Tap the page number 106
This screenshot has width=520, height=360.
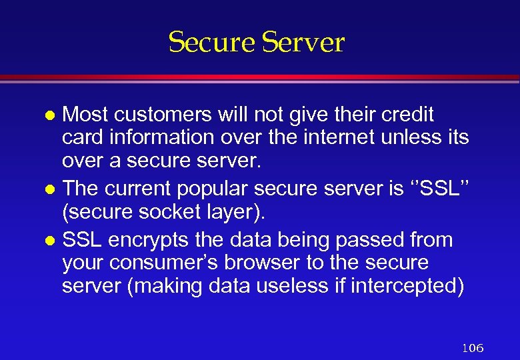coord(472,347)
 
